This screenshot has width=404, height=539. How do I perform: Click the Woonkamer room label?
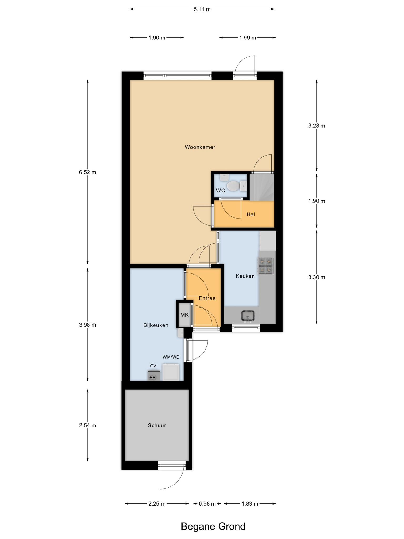tap(200, 147)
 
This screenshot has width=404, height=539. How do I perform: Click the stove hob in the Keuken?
tap(266, 266)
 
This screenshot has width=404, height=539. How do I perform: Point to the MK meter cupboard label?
tap(184, 315)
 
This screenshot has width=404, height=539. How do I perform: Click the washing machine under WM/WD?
tap(171, 372)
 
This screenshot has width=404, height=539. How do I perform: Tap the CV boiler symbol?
tap(153, 375)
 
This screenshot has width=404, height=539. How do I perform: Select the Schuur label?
tap(157, 425)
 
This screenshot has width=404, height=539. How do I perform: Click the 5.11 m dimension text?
tap(202, 9)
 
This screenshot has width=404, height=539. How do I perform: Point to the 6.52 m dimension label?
tap(88, 172)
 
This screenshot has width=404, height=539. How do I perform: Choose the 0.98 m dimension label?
tap(207, 504)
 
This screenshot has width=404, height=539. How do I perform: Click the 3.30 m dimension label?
tap(317, 277)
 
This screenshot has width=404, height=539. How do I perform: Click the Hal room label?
tap(251, 214)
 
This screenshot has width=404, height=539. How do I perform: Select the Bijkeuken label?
tap(156, 325)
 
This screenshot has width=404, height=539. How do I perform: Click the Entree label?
tap(207, 298)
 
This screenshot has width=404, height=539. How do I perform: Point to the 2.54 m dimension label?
tap(88, 425)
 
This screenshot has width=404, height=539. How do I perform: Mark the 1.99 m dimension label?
tap(248, 38)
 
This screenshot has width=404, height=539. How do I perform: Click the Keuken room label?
tap(245, 276)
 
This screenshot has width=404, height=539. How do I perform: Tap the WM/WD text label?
tap(171, 357)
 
